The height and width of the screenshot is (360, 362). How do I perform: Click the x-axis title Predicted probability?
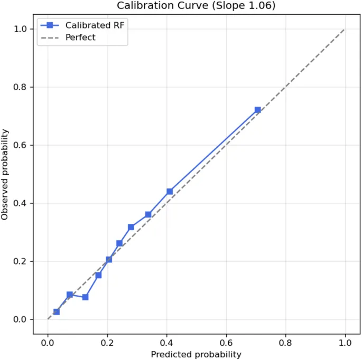[x=196, y=354]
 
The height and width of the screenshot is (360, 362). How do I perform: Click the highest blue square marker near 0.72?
[x=258, y=110]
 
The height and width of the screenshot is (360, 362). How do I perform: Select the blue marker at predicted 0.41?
[x=170, y=191]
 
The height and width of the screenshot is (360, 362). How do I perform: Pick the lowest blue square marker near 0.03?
[x=57, y=312]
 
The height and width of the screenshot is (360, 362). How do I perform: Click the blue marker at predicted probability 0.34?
[x=148, y=214]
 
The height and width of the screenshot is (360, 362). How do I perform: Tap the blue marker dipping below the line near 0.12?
[x=85, y=297]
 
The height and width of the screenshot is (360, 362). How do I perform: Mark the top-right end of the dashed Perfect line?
[x=345, y=29]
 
